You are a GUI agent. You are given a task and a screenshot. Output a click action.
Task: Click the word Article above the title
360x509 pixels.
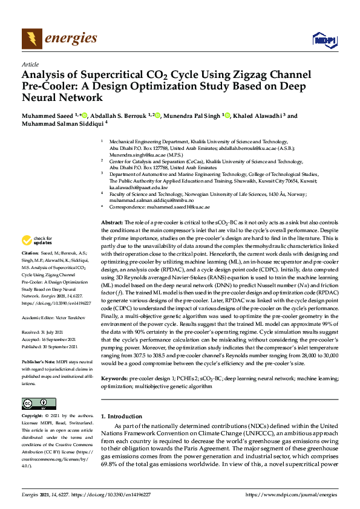point(29,63)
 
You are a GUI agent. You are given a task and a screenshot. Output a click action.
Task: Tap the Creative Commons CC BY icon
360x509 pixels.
point(35,404)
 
